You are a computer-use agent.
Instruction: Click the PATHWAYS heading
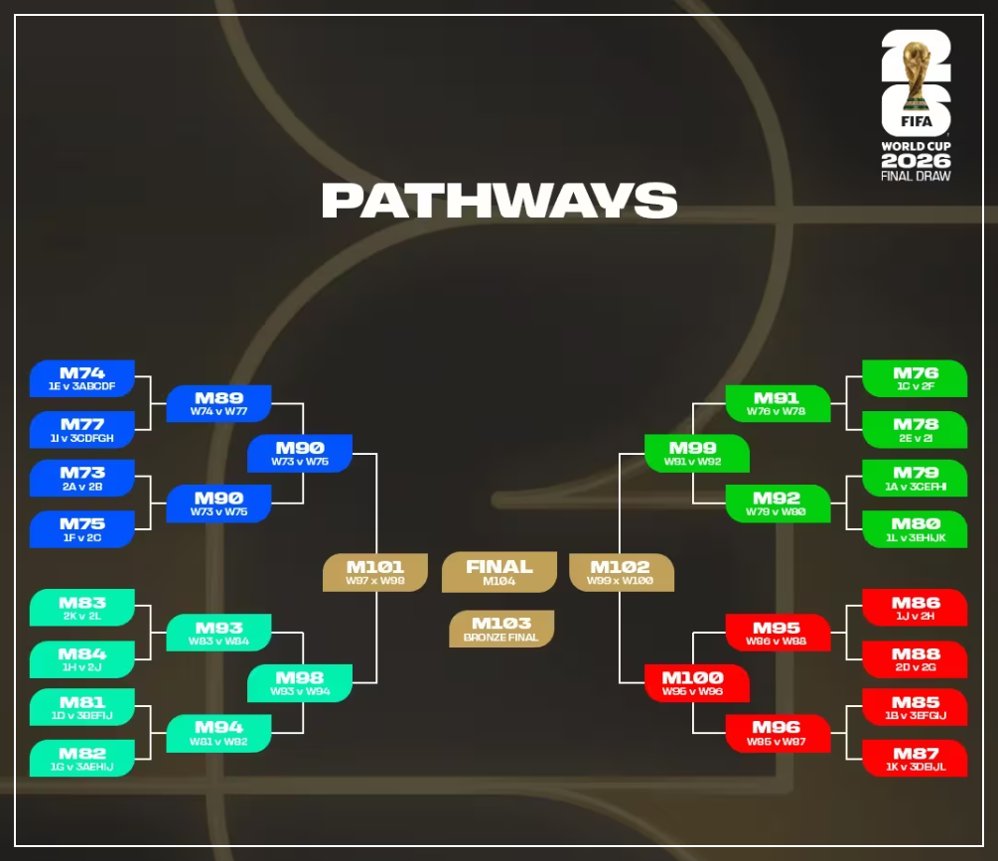tap(499, 200)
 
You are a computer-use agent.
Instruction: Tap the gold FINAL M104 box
tap(499, 572)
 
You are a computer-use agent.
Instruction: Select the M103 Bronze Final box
tap(500, 629)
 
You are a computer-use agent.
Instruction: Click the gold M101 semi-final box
tap(374, 572)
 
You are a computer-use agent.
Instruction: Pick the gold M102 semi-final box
tap(621, 572)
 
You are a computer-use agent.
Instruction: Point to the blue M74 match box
tap(82, 378)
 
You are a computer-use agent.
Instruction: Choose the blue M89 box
tap(218, 403)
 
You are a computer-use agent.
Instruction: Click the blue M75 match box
tap(82, 528)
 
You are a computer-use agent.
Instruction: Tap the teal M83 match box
tap(82, 607)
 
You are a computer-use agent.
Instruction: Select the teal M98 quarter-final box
tap(300, 682)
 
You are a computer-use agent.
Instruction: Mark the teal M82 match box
tap(82, 758)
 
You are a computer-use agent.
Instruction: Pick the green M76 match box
tap(915, 378)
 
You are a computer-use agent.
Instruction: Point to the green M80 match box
tap(915, 528)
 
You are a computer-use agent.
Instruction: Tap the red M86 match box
tap(915, 607)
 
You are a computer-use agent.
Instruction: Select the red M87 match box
tap(915, 758)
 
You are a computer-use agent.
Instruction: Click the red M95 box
tap(777, 633)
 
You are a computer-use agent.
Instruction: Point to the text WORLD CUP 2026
tap(916, 155)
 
